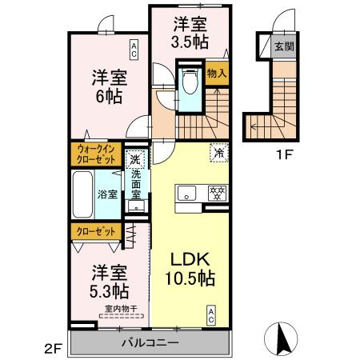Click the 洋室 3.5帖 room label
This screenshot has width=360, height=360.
[190, 31]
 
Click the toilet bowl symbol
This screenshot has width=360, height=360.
[189, 83]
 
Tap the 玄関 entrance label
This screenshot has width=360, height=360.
[283, 46]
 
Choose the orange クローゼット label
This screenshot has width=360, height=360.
[94, 231]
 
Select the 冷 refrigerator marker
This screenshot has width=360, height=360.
[218, 150]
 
